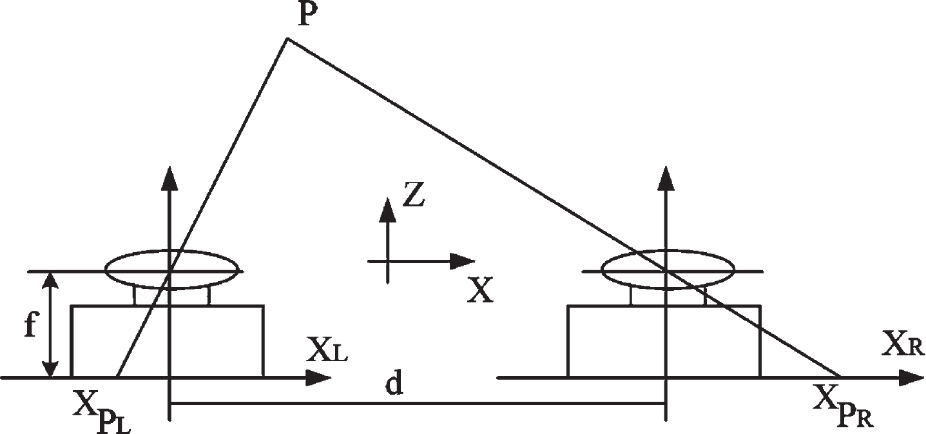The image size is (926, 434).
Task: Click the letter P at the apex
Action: [305, 15]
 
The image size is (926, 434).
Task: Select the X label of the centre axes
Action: [480, 290]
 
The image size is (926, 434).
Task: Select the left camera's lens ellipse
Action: [172, 250]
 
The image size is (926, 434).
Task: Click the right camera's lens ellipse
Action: [668, 250]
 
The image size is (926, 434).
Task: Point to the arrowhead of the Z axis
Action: [387, 210]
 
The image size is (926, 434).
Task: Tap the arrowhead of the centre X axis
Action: [462, 261]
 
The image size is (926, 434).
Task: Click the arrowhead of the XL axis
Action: [318, 378]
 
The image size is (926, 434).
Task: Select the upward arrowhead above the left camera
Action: [169, 178]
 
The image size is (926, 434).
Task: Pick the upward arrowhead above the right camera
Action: [666, 178]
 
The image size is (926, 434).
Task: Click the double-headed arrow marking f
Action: [51, 324]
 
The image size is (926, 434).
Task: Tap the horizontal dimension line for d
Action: [418, 403]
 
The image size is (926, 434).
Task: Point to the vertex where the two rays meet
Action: [287, 39]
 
